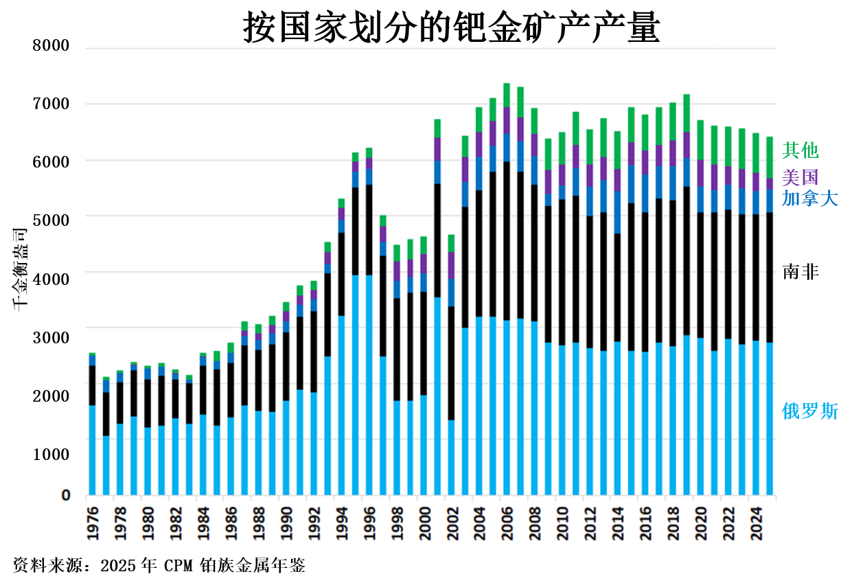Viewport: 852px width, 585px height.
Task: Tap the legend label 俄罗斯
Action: (809, 411)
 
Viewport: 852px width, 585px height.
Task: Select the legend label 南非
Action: (801, 272)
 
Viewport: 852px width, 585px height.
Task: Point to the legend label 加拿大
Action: (809, 199)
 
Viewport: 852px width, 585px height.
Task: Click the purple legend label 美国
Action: (801, 177)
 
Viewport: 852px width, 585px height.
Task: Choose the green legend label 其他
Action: (801, 150)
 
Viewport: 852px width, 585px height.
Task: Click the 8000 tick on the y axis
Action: (51, 46)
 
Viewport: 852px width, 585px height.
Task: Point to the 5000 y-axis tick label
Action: (51, 219)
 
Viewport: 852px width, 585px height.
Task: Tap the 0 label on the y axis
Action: (66, 495)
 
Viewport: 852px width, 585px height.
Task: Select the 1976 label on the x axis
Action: (92, 523)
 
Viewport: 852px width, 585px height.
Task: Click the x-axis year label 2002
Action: (451, 523)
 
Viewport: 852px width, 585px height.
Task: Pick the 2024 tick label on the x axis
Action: (755, 523)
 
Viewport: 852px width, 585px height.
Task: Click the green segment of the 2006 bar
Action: (507, 95)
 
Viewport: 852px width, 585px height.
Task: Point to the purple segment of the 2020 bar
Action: (700, 173)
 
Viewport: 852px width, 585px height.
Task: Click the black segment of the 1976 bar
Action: (92, 385)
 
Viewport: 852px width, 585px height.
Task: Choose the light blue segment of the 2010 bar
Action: (562, 420)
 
